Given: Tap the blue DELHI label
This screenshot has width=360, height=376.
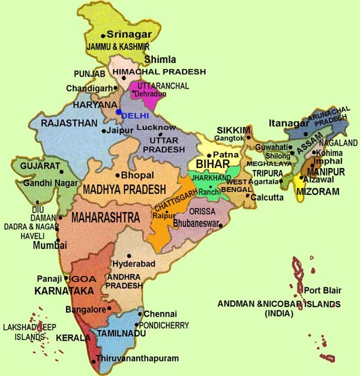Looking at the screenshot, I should tap(134, 115).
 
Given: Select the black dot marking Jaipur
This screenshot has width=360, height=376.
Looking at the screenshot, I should tap(104, 131).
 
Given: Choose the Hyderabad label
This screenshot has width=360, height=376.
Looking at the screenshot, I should tap(134, 264).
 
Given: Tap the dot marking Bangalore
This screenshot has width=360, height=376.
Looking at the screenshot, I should tap(109, 309).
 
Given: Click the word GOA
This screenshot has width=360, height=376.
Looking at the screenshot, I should tap(80, 279).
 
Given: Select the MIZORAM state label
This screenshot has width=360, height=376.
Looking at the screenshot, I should tap(318, 192).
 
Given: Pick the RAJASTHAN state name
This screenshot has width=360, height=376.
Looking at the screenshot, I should tap(68, 123).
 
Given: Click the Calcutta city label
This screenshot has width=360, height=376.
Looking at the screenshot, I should tap(268, 197).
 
